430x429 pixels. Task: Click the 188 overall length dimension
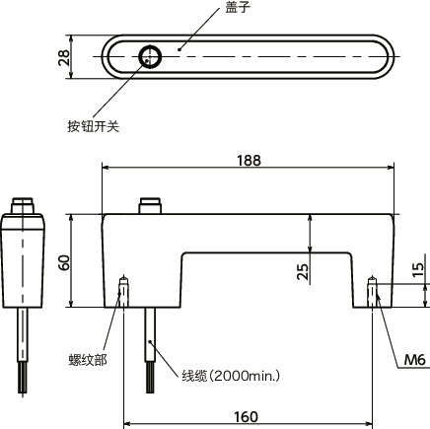[248, 160]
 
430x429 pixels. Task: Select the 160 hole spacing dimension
[248, 416]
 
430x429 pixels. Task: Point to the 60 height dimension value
[66, 263]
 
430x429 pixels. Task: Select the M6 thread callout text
[415, 357]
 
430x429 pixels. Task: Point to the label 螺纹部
[88, 358]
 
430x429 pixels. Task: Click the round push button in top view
[151, 57]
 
